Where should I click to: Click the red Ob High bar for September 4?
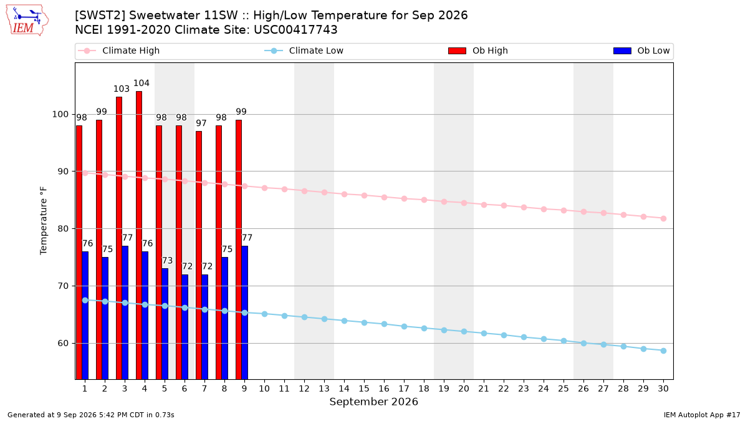[139, 235]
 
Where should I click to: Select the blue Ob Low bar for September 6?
[185, 327]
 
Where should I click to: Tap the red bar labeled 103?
[119, 238]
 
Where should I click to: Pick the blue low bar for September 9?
[244, 312]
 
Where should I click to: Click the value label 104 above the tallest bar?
[141, 83]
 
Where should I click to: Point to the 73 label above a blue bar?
[167, 261]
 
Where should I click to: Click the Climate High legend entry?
[119, 51]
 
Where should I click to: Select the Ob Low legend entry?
[641, 51]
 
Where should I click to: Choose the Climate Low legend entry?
[304, 51]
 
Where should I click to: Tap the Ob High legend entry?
[478, 51]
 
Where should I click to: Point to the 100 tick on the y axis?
[60, 115]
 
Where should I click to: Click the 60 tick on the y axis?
[63, 344]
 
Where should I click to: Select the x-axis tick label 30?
[663, 389]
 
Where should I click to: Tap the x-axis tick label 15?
[364, 389]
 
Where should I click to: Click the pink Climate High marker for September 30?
[663, 218]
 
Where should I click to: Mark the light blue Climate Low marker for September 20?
[464, 331]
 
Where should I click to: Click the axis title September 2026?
[373, 402]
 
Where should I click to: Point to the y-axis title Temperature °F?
[44, 221]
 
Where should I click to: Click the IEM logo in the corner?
[27, 21]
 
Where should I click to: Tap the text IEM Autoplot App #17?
[702, 415]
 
